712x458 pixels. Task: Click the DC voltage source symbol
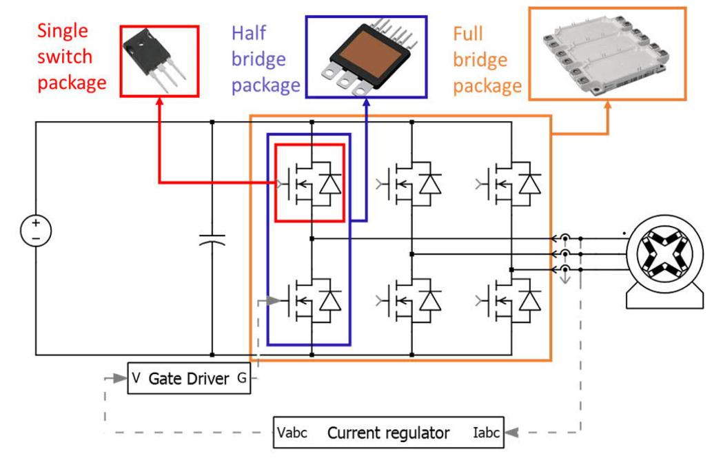pyautogui.click(x=36, y=231)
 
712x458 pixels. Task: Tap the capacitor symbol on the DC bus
pyautogui.click(x=212, y=240)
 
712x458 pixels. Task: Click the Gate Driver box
pyautogui.click(x=189, y=378)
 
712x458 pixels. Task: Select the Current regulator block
pyautogui.click(x=389, y=433)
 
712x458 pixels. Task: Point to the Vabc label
pyautogui.click(x=292, y=433)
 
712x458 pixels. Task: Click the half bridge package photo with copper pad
pyautogui.click(x=367, y=57)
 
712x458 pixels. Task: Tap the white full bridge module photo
pyautogui.click(x=607, y=53)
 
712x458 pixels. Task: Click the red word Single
pyautogui.click(x=62, y=31)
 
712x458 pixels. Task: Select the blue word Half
pyautogui.click(x=249, y=33)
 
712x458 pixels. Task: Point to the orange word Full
pyautogui.click(x=468, y=34)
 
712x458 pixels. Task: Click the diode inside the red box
pyautogui.click(x=330, y=184)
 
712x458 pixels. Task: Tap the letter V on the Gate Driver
pyautogui.click(x=136, y=377)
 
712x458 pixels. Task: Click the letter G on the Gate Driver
pyautogui.click(x=242, y=377)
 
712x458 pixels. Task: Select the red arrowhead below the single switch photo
pyautogui.click(x=159, y=101)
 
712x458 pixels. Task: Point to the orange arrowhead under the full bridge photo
pyautogui.click(x=607, y=105)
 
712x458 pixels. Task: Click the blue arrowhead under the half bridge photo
pyautogui.click(x=367, y=103)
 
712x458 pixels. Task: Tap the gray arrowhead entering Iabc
pyautogui.click(x=511, y=433)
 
